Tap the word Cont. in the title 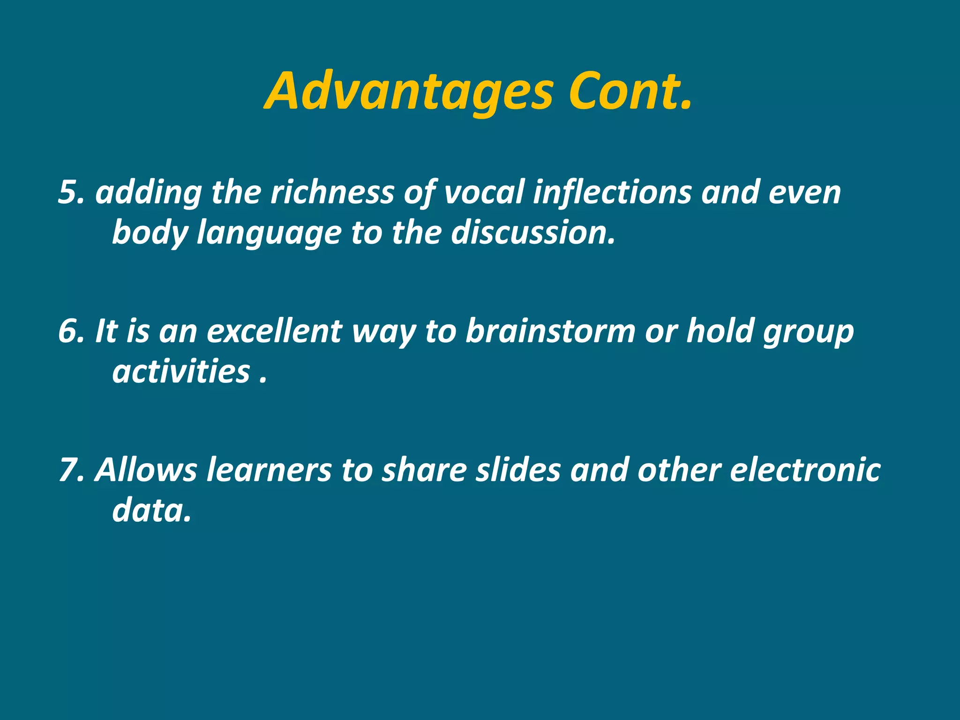[x=630, y=92]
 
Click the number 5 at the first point [x=67, y=192]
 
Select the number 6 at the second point [x=67, y=331]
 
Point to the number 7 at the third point [x=67, y=470]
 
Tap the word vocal [x=483, y=192]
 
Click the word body [x=150, y=233]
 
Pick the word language [x=269, y=233]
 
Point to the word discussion [x=532, y=232]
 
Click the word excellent [x=274, y=331]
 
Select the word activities [x=181, y=371]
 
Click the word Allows [x=146, y=470]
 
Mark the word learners [x=269, y=470]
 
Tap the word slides [x=518, y=470]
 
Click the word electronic [x=805, y=470]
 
